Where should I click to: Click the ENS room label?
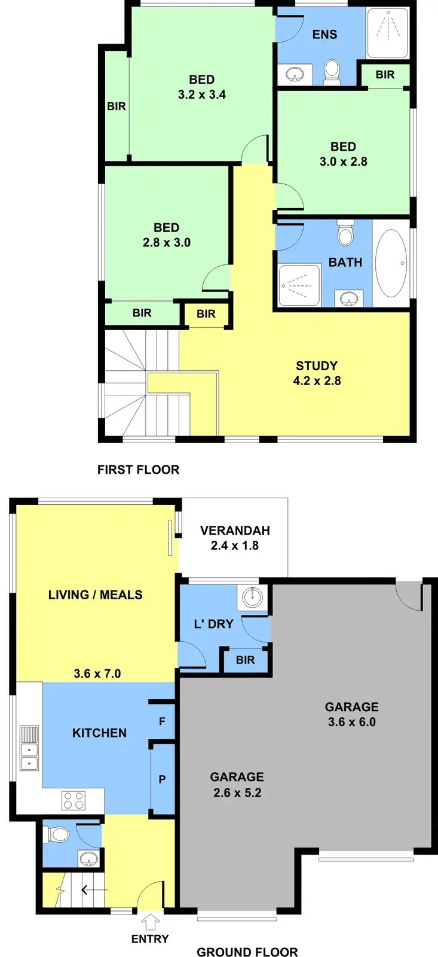324,35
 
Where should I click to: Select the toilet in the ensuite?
332,72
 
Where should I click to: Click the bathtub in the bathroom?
391,263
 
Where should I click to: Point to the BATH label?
345,262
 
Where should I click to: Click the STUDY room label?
317,365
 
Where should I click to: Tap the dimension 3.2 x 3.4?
202,95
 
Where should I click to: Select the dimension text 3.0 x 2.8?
344,161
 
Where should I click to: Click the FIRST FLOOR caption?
138,470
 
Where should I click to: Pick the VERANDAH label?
235,531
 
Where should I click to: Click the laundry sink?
252,596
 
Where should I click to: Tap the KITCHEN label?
99,733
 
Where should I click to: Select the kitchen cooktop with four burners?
74,800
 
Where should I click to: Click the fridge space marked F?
162,721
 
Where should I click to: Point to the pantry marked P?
162,779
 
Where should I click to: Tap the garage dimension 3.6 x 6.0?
352,722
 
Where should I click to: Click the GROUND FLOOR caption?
247,952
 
